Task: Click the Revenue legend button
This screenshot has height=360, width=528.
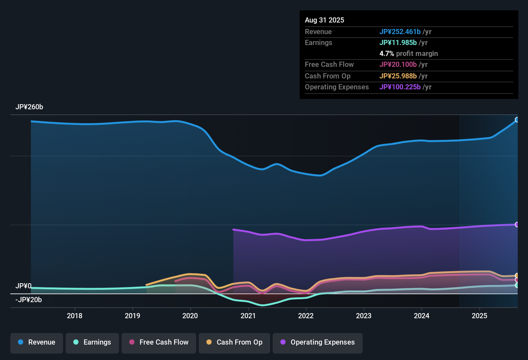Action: coord(37,342)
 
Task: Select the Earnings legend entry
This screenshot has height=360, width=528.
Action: coord(92,342)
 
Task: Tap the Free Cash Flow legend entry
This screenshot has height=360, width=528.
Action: coord(159,342)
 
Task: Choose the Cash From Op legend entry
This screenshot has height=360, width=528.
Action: coord(234,342)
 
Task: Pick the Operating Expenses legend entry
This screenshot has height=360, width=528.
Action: coord(318,342)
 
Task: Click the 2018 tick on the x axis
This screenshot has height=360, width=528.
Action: coord(75,316)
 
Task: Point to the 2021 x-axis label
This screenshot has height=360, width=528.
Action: coord(248,316)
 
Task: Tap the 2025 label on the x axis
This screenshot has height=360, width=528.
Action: coord(479,316)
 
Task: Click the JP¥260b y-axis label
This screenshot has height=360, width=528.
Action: coord(29,107)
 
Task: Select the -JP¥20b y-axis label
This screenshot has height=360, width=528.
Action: coord(29,300)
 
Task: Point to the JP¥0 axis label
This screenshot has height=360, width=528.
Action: coord(23,286)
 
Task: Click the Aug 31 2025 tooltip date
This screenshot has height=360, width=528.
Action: coord(324,20)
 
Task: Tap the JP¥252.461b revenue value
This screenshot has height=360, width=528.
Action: coord(400,32)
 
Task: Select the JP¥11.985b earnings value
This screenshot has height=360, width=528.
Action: coord(398,43)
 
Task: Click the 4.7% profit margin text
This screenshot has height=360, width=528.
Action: coord(408,54)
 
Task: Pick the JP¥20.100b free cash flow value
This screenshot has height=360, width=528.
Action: coord(398,65)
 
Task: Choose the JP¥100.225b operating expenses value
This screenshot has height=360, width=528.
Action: coord(400,87)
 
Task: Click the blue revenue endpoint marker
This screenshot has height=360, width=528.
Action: coord(517,120)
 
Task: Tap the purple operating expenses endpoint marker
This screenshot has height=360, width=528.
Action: coord(517,224)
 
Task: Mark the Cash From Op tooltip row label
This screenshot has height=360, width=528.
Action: coord(327,76)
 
